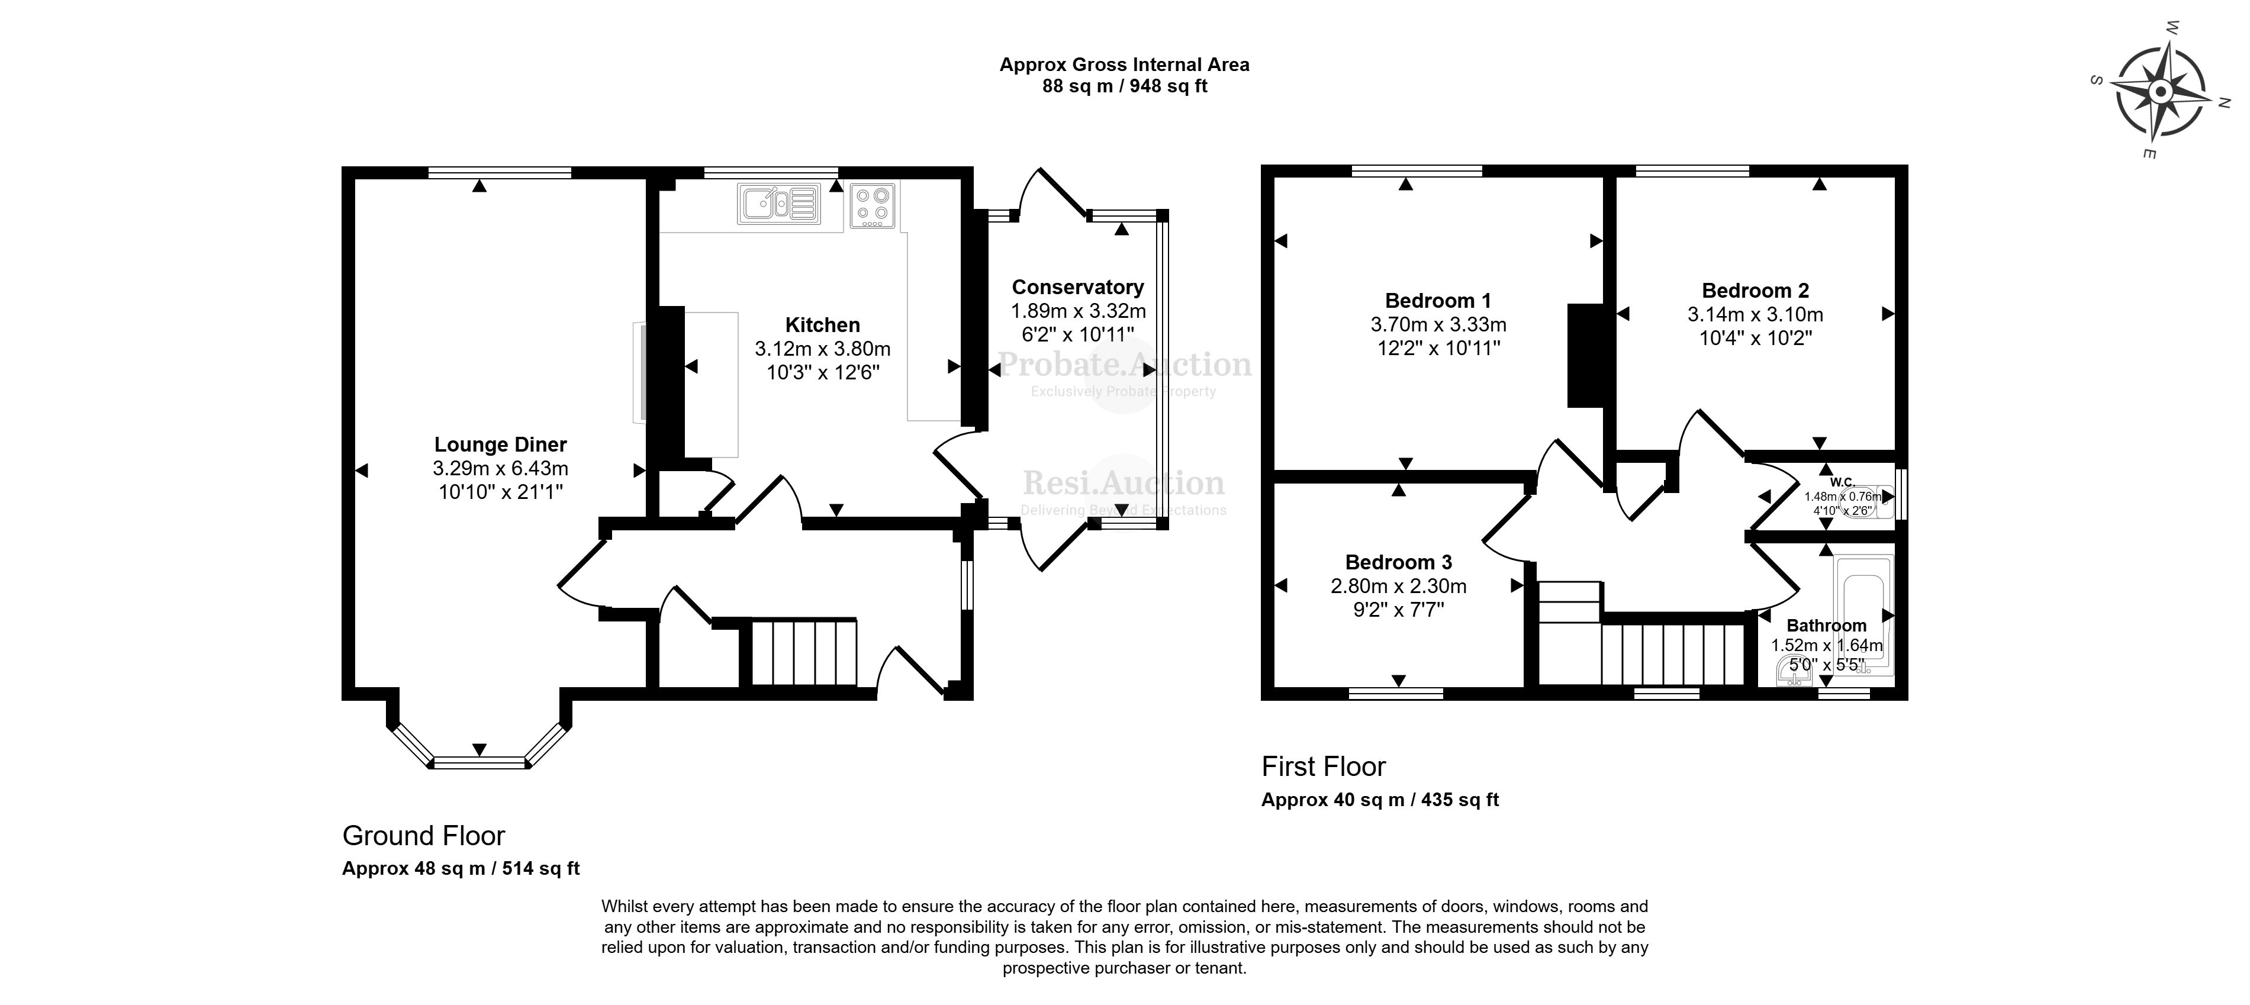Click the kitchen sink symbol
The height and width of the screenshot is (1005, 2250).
(779, 204)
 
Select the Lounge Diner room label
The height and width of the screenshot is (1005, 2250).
(500, 444)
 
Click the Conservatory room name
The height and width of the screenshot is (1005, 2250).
(1078, 287)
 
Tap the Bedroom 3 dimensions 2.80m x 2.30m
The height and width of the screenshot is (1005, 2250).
(1398, 586)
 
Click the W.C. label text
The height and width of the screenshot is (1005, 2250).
(1842, 481)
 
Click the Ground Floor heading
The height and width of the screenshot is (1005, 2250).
(424, 836)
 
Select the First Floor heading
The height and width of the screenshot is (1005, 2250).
(1323, 766)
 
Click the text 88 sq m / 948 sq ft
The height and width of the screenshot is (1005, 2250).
(1124, 86)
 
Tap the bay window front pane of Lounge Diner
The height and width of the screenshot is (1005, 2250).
(479, 762)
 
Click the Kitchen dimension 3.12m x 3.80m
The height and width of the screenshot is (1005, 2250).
(823, 349)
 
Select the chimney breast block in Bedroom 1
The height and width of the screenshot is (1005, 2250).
(1585, 355)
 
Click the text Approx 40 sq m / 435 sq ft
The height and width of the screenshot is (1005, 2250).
(1379, 800)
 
